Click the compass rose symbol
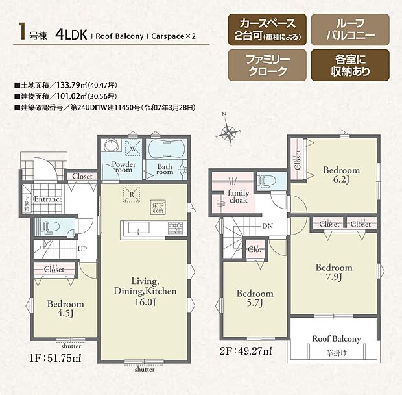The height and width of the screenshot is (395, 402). tap(228, 133)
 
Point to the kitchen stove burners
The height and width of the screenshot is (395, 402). tap(175, 229)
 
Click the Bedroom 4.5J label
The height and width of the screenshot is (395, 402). tap(65, 308)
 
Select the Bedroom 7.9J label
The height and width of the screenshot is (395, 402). tap(334, 272)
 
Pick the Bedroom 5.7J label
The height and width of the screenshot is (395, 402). tap(254, 298)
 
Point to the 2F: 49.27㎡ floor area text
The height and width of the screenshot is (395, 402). tap(245, 351)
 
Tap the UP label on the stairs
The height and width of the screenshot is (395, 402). tap(82, 249)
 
